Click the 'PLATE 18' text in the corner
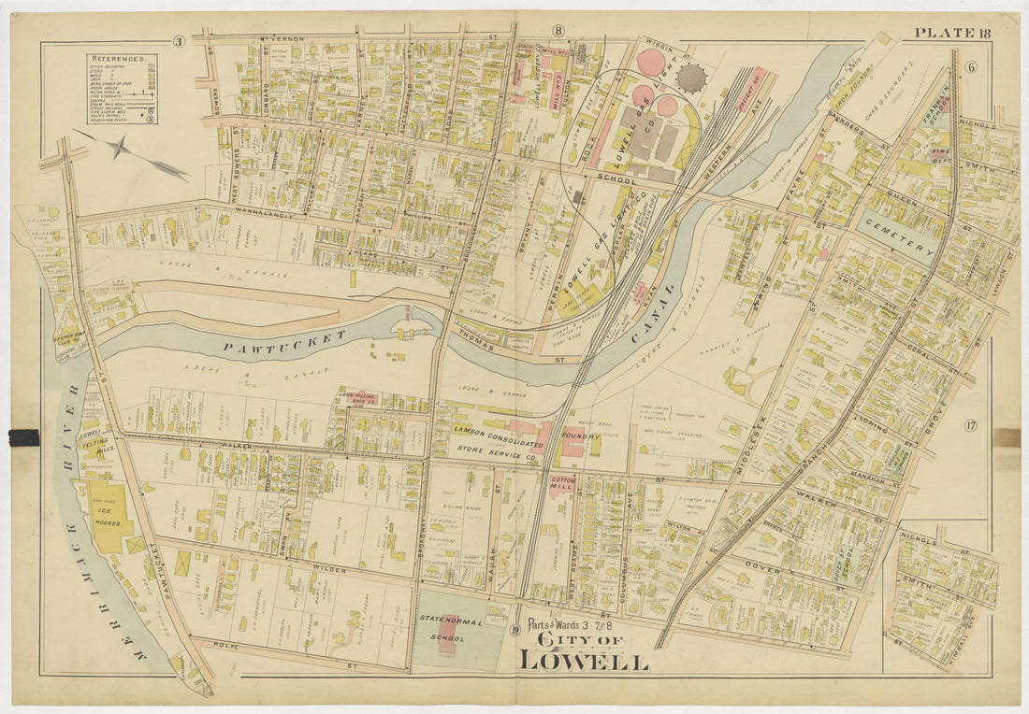pos(951,34)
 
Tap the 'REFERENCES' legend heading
pos(121,59)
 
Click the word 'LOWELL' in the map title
pos(583,661)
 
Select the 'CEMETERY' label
pos(898,237)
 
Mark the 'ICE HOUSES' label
pos(110,514)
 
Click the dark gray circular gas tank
pos(691,79)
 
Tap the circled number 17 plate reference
pos(971,427)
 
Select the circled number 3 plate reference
pos(178,41)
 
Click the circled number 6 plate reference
pos(971,66)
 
